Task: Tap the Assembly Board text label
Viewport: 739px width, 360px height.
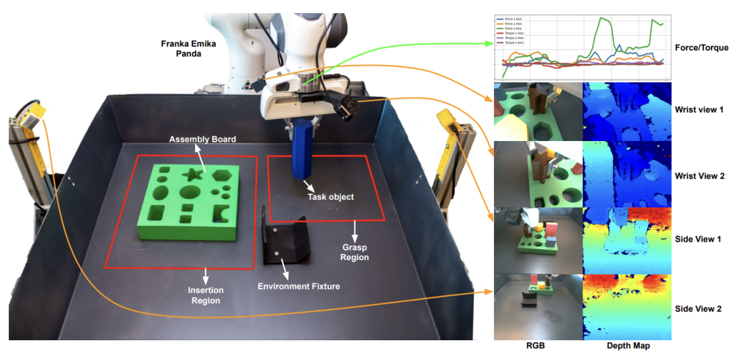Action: pyautogui.click(x=203, y=140)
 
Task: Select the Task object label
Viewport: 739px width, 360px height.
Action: pyautogui.click(x=330, y=196)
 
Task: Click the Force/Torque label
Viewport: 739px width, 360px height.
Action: pyautogui.click(x=701, y=48)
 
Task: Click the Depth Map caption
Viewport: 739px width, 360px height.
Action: pyautogui.click(x=628, y=346)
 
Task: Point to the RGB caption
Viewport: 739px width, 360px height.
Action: pyautogui.click(x=537, y=346)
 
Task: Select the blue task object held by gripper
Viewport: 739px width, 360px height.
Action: pyautogui.click(x=302, y=151)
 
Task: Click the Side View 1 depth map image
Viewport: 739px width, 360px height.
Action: pyautogui.click(x=626, y=240)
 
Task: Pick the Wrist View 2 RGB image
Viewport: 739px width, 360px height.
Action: pyautogui.click(x=538, y=174)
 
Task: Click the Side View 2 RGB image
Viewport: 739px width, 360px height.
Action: pyautogui.click(x=538, y=307)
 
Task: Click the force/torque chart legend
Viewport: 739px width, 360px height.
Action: pyautogui.click(x=510, y=30)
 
